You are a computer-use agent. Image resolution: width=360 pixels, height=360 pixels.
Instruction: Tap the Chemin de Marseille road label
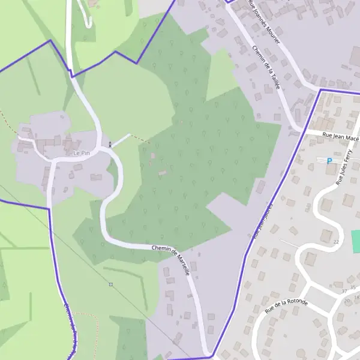pos(172,258)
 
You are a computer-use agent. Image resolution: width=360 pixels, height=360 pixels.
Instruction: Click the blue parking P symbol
pos(329,160)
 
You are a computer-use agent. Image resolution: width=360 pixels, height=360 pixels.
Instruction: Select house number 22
pos(336,242)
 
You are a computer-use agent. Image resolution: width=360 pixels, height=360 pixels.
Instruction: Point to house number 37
pos(344,291)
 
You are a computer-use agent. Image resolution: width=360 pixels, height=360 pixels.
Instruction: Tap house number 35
pos(353,288)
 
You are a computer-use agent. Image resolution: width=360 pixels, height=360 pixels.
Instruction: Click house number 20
pos(347,300)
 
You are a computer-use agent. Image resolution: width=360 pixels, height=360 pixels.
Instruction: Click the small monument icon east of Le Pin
pos(110,144)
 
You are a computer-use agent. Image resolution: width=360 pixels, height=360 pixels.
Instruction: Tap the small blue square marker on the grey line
pos(110,284)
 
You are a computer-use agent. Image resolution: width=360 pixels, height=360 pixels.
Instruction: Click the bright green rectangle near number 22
pos(355,241)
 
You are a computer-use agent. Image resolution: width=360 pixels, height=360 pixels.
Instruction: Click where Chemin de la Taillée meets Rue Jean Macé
pos(302,130)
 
